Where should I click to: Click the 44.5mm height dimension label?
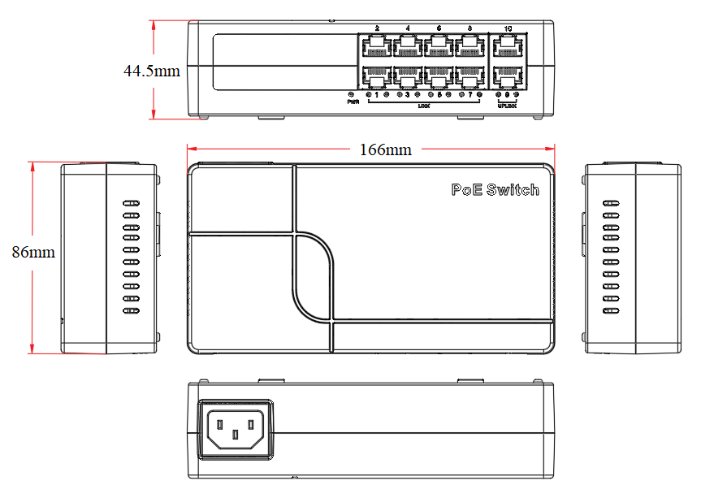coord(151,71)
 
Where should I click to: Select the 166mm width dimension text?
coord(385,149)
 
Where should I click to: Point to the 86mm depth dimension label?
coord(33,253)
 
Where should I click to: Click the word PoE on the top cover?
coord(466,189)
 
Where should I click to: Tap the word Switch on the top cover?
coord(512,189)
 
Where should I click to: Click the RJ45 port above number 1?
coord(376,76)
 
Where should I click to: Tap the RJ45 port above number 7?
coord(469,76)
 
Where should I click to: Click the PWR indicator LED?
coord(351,95)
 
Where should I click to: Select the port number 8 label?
coord(469,28)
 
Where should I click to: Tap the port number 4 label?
coord(407,28)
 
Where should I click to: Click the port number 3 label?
coord(407,95)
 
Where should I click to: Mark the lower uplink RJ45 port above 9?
coord(508,76)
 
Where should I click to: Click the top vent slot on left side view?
coord(131,204)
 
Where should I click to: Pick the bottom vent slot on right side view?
coord(612,310)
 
